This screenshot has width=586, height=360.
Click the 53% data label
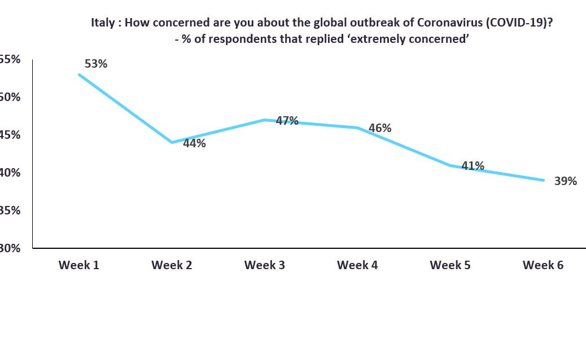[x=95, y=64]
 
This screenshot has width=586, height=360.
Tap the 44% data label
[x=194, y=143]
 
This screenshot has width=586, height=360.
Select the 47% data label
[x=287, y=121]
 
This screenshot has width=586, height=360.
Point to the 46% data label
[x=379, y=128]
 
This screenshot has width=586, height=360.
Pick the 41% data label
[x=473, y=166]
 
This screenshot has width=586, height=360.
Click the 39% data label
[x=565, y=181]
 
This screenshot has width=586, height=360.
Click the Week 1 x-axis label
[x=79, y=265]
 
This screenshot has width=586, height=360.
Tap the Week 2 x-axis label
[x=172, y=265]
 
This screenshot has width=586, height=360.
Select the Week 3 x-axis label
[x=264, y=265]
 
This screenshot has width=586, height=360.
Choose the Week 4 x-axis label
[x=357, y=265]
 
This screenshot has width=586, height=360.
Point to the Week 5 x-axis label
[x=450, y=265]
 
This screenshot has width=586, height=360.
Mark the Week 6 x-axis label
[x=543, y=265]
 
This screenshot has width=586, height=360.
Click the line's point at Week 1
[x=79, y=74]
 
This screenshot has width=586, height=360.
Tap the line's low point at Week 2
[x=172, y=142]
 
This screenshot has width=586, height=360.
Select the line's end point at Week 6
[x=543, y=180]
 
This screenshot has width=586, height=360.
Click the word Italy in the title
[x=104, y=23]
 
